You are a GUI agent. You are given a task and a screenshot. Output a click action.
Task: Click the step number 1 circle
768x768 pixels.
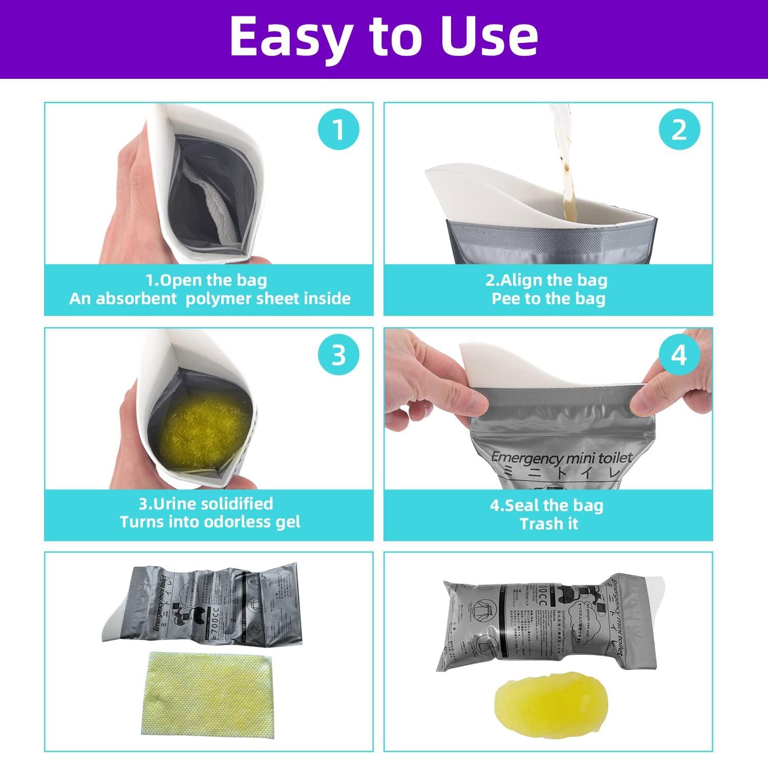pyautogui.click(x=338, y=130)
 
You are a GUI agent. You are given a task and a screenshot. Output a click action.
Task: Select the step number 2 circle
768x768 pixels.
pyautogui.click(x=679, y=130)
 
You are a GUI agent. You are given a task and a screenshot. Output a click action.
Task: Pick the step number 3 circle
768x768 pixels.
pyautogui.click(x=338, y=355)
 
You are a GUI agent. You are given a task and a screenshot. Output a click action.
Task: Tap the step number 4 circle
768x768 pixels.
pyautogui.click(x=679, y=355)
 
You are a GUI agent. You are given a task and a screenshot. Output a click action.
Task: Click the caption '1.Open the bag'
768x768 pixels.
pyautogui.click(x=206, y=280)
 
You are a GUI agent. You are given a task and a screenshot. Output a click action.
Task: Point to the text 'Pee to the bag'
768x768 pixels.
pyautogui.click(x=548, y=298)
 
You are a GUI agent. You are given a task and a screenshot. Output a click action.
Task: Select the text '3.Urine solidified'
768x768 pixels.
pyautogui.click(x=206, y=503)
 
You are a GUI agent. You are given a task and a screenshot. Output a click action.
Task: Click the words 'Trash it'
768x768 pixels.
pyautogui.click(x=548, y=524)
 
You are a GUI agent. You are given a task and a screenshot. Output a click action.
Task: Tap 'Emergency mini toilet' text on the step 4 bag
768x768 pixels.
pyautogui.click(x=562, y=457)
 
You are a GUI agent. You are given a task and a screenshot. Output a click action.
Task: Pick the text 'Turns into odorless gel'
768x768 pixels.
pyautogui.click(x=210, y=522)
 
